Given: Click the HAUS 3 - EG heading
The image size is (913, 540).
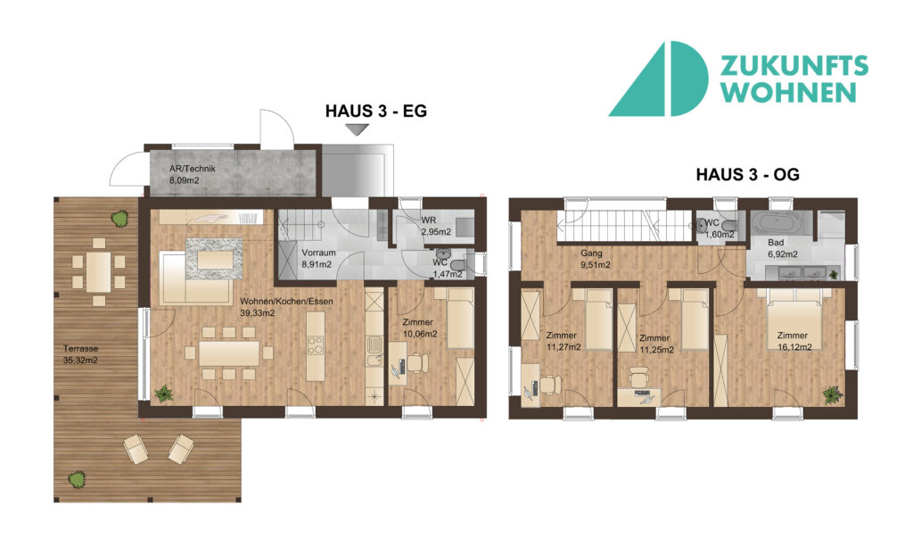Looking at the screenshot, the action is (x=375, y=111).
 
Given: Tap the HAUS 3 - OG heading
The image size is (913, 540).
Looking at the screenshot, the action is (x=748, y=174).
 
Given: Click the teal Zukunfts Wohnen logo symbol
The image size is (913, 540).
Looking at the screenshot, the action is (x=658, y=79).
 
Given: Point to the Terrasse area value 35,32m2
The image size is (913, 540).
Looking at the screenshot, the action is (x=80, y=361).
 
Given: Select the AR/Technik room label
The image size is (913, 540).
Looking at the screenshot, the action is (x=193, y=169).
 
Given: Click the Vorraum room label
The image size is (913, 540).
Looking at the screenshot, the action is (x=318, y=253).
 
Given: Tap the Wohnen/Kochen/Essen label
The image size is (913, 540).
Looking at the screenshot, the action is (x=286, y=302).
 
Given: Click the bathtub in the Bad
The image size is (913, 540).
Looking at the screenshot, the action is (x=777, y=223).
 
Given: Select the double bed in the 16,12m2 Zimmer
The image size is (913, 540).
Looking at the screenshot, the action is (x=794, y=319).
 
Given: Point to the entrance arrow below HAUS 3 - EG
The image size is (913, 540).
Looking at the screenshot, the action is (x=357, y=129).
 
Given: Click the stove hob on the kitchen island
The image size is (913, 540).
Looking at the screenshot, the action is (x=315, y=345).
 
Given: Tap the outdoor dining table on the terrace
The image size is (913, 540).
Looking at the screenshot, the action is (x=99, y=271).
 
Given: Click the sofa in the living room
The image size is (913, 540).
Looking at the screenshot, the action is (x=195, y=278).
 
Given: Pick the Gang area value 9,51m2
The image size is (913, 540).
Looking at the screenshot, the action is (x=595, y=265).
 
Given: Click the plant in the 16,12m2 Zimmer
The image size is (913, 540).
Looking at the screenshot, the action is (x=834, y=395).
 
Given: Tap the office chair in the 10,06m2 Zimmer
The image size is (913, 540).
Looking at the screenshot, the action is (x=417, y=362).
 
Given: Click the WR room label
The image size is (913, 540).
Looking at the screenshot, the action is (x=429, y=220).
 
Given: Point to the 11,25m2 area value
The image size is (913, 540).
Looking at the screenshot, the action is (x=657, y=350).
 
